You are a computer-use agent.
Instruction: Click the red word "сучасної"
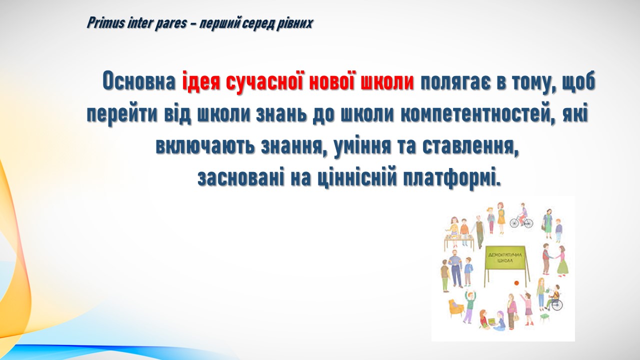(x=265, y=81)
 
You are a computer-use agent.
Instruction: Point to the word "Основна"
(x=139, y=81)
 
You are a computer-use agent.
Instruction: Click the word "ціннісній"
(x=357, y=178)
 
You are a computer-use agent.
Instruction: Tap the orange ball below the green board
(x=516, y=283)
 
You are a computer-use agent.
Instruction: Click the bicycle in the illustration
(x=521, y=221)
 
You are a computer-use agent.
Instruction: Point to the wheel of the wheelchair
(x=557, y=305)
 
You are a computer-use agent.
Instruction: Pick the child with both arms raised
(x=469, y=306)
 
